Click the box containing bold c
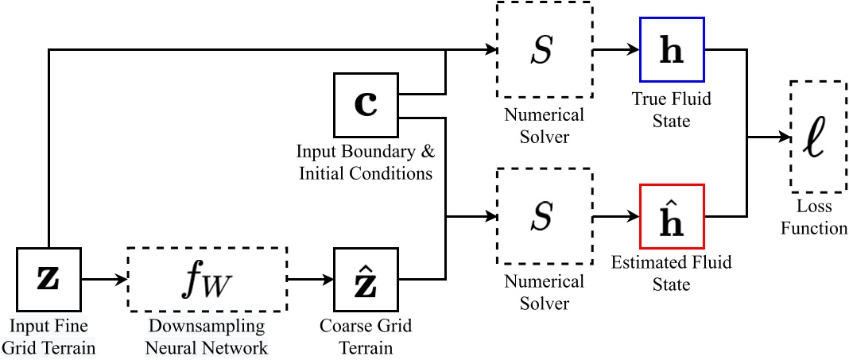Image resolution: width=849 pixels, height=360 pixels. tap(365, 105)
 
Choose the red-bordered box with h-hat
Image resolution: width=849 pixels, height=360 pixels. tap(671, 216)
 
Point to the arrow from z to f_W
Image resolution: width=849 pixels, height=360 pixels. tap(103, 280)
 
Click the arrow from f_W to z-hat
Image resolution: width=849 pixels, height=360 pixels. tap(310, 280)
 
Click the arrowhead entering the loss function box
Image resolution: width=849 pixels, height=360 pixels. tap(782, 136)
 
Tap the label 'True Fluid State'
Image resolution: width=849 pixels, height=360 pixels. tap(671, 110)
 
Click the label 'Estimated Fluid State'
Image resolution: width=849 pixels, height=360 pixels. tap(671, 273)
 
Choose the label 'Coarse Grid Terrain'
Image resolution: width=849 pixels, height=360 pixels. tap(365, 337)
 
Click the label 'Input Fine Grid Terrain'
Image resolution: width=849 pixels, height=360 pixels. tap(48, 337)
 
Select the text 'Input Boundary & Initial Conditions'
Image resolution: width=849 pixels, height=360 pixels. tap(365, 162)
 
